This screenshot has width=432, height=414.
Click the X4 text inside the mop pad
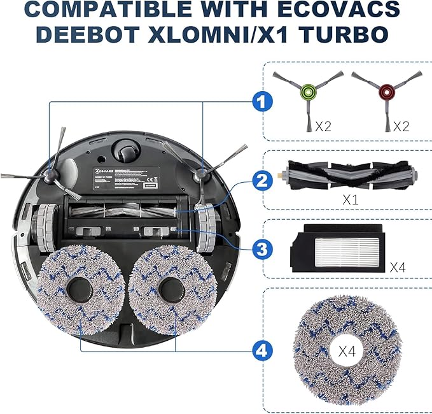tap(347, 350)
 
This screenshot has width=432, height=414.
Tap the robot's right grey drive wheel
tap(205, 224)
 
